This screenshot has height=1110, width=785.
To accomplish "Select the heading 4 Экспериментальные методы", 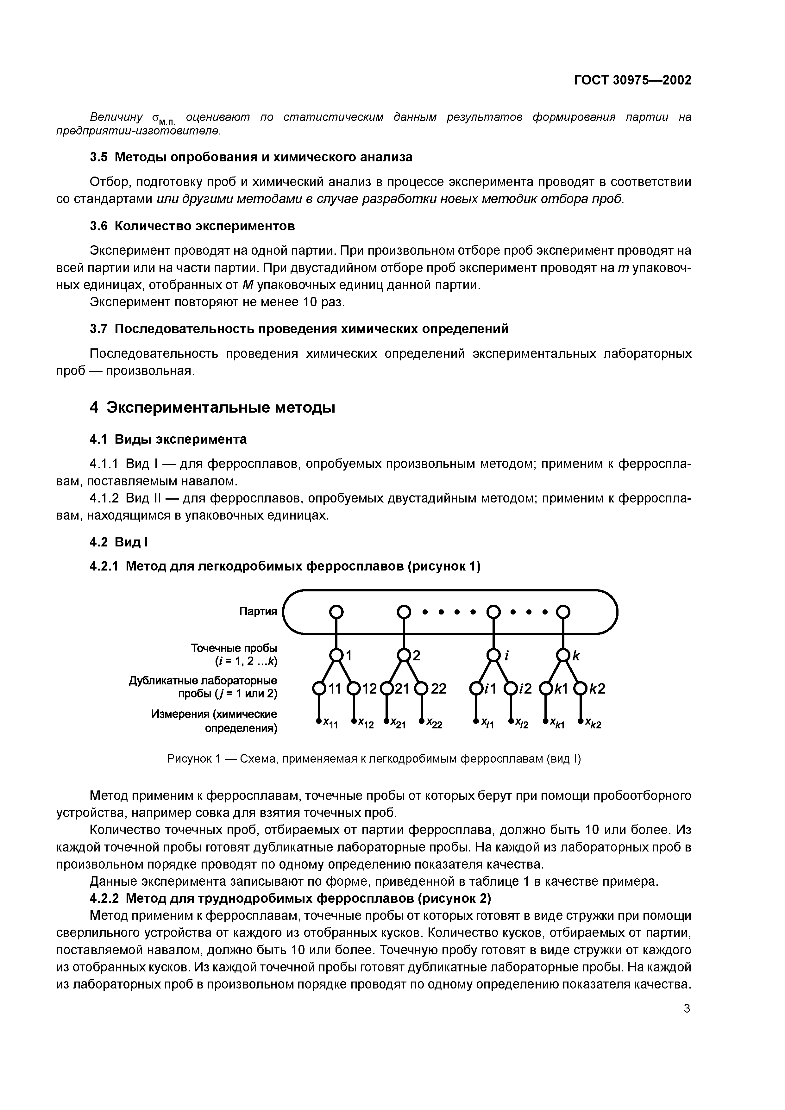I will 212,408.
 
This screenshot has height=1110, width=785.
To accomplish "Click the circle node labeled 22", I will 421,688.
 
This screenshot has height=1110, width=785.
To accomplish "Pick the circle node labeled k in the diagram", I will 563,656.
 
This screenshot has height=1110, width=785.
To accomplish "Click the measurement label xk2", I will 593,724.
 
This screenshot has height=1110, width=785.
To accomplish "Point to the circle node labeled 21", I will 387,688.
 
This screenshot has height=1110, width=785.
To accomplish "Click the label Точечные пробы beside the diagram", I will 234,647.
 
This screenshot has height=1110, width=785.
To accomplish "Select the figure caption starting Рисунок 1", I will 374,759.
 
